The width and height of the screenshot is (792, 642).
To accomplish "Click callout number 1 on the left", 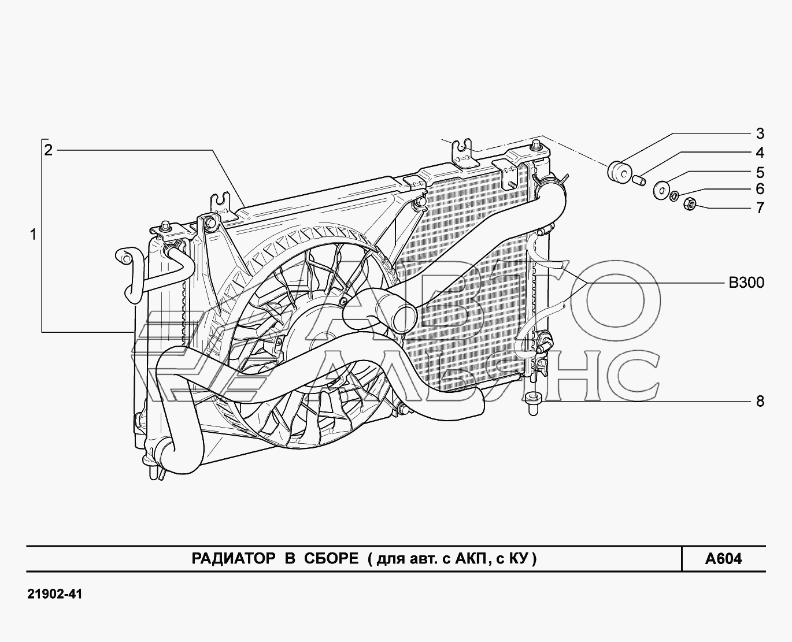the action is (x=34, y=235).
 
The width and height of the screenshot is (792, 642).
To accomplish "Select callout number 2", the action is (x=49, y=151).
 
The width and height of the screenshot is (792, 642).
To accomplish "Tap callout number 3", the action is (x=760, y=133).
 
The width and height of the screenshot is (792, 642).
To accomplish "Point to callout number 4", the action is (x=760, y=153).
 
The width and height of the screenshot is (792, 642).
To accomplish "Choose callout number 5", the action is (x=760, y=172).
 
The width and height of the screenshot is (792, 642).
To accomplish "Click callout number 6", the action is (x=760, y=189).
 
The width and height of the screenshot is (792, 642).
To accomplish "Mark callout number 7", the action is (x=760, y=208).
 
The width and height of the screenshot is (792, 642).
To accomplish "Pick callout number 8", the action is (x=760, y=401).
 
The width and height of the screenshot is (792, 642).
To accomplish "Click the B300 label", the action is (x=746, y=283).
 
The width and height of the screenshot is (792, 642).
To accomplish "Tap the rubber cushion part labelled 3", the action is (x=619, y=172).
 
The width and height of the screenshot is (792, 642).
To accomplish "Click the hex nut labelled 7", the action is (x=690, y=204).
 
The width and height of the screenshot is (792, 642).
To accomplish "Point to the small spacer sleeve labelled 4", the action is (x=639, y=180).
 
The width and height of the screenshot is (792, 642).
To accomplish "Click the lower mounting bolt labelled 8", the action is (x=534, y=403).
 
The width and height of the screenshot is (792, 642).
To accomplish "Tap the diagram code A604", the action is (x=723, y=559).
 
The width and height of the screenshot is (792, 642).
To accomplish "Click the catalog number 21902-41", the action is (x=55, y=595).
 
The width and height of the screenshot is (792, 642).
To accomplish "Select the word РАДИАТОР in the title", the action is (x=234, y=558).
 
